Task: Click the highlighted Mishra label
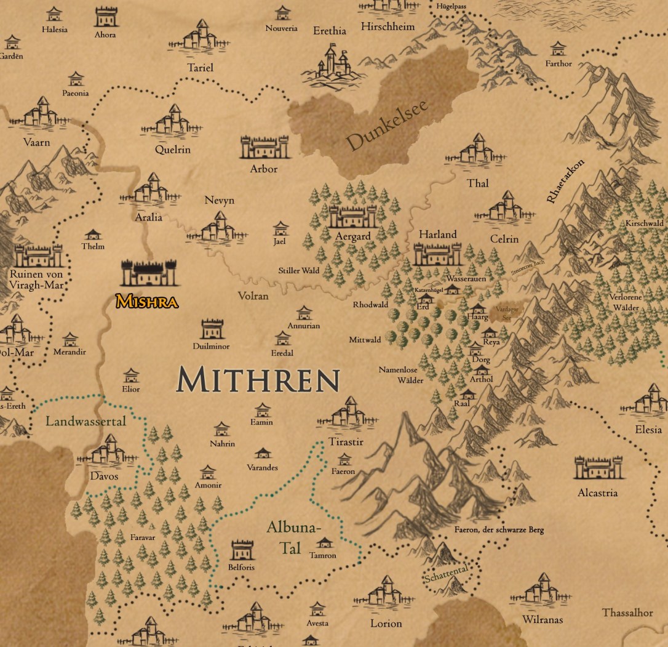tap(146, 302)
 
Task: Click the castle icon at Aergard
tap(352, 216)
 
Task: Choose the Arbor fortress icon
tap(264, 148)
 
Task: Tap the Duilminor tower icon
tap(212, 329)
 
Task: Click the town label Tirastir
tap(346, 442)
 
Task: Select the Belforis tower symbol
tap(241, 550)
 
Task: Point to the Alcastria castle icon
tap(598, 468)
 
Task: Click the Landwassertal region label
tap(85, 422)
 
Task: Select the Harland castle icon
tap(437, 253)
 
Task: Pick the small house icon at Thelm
tap(93, 234)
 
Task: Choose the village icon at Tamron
tap(324, 542)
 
